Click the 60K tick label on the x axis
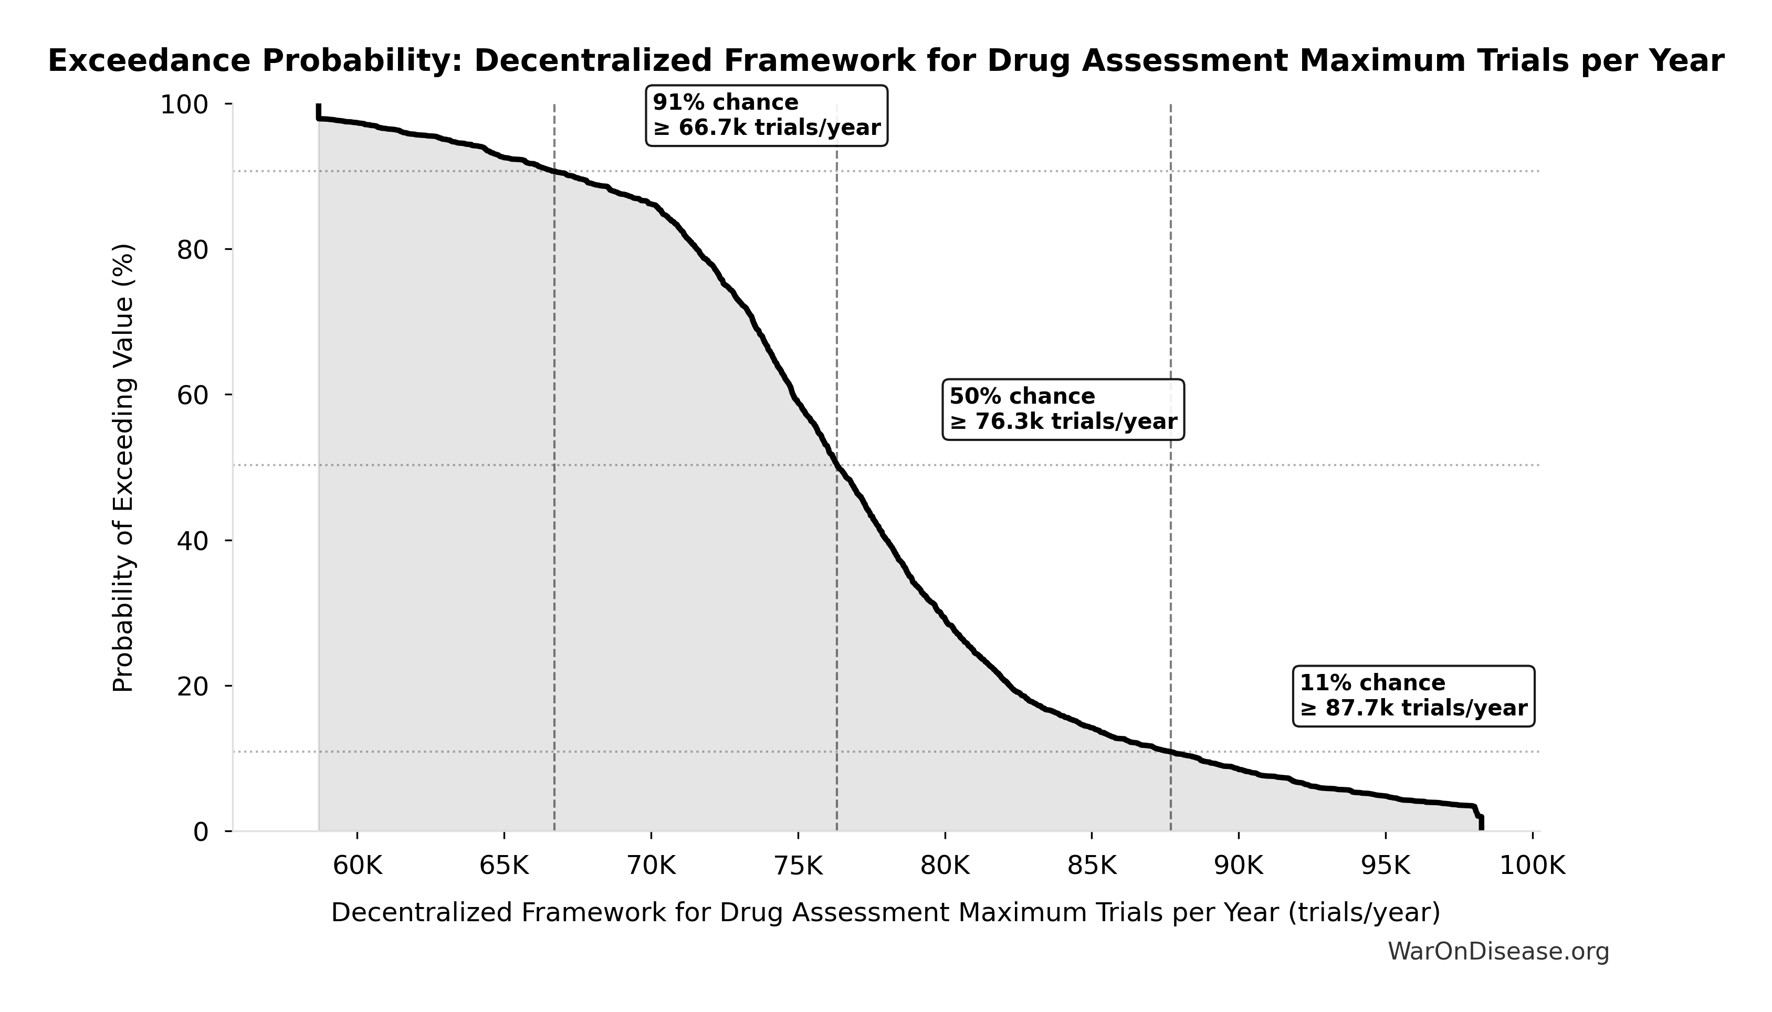[x=358, y=866]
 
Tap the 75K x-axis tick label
[x=798, y=866]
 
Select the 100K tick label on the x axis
[x=1532, y=866]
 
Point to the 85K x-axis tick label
[x=1092, y=866]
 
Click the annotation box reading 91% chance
[x=766, y=115]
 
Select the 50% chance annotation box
[x=1063, y=409]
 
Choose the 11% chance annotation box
[x=1413, y=696]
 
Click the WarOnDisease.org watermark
[x=1498, y=952]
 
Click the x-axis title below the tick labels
[x=885, y=913]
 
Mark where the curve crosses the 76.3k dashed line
[x=836, y=465]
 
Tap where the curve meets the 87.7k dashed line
[x=1171, y=751]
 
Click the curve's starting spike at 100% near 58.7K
[x=318, y=111]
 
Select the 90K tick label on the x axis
[x=1238, y=866]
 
